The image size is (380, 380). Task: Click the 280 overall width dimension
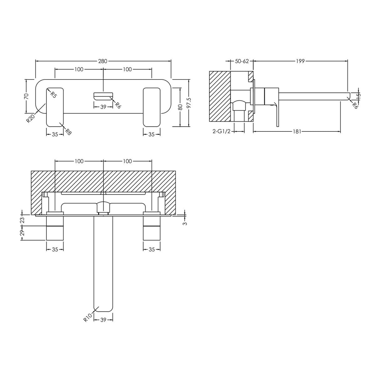103,61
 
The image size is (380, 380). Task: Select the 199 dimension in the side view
300,61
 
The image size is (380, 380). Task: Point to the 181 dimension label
297,132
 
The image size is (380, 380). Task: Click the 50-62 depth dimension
242,61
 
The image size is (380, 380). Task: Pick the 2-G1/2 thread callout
221,132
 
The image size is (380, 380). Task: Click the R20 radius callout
30,118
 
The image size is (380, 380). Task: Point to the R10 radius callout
87,318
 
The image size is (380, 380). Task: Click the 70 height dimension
26,96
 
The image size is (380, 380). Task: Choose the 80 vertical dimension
180,107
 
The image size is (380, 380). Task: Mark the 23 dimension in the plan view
22,220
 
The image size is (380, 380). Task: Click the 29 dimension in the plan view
22,233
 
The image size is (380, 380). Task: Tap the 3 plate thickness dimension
185,223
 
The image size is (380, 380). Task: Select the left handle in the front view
55,107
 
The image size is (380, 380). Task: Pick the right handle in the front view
152,107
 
